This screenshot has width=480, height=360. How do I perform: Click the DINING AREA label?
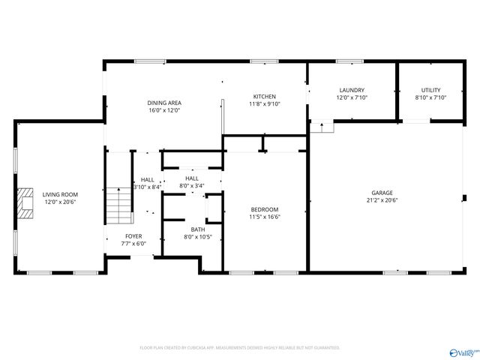click(164, 103)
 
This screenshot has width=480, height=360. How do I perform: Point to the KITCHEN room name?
click(264, 97)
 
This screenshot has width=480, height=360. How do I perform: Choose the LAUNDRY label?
click(351, 89)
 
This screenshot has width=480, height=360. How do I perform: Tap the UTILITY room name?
click(430, 89)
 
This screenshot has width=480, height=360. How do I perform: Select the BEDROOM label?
click(264, 209)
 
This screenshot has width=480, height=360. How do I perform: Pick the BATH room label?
click(197, 229)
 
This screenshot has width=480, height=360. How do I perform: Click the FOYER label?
click(133, 235)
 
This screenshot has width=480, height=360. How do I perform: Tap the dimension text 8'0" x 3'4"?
click(192, 186)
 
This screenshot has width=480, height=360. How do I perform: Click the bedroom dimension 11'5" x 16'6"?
click(264, 217)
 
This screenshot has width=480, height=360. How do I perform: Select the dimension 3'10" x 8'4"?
click(147, 187)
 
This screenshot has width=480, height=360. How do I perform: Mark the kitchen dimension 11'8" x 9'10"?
click(264, 104)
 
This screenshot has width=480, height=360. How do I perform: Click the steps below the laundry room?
click(322, 127)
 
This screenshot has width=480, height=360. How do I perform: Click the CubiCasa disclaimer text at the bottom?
click(240, 348)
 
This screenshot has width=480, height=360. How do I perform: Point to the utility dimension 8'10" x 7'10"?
click(430, 97)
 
